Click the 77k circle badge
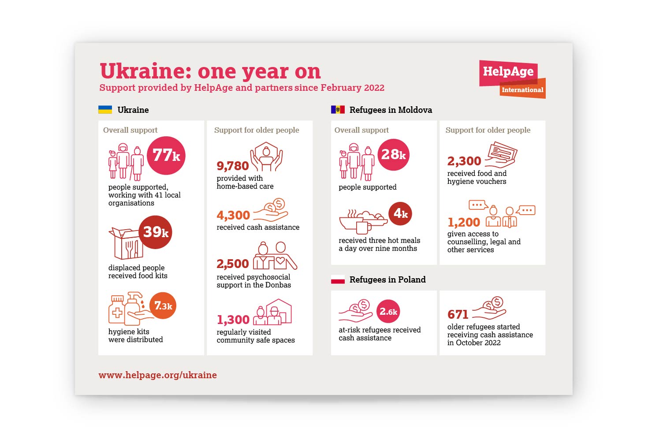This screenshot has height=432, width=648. click(166, 156)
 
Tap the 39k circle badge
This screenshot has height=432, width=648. click(156, 232)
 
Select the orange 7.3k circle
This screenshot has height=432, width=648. click(163, 305)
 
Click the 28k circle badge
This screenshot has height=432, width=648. click(393, 155)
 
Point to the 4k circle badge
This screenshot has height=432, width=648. click(400, 214)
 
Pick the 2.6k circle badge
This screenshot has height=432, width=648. click(388, 312)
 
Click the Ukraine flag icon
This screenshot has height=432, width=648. click(105, 110)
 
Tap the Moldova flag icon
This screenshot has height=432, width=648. click(338, 110)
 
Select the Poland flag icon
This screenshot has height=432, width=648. click(338, 279)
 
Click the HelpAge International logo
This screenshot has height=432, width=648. click(512, 79)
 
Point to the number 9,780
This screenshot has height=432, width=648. click(233, 166)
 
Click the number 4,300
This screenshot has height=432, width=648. click(233, 215)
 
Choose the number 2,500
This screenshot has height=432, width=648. click(233, 264)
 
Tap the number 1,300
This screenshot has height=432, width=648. click(233, 320)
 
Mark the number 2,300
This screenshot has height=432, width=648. click(464, 161)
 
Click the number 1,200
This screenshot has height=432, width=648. click(464, 222)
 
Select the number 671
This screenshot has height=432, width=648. click(458, 314)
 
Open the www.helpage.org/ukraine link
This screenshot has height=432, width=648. click(158, 375)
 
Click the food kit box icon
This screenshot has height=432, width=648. click(126, 243)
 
